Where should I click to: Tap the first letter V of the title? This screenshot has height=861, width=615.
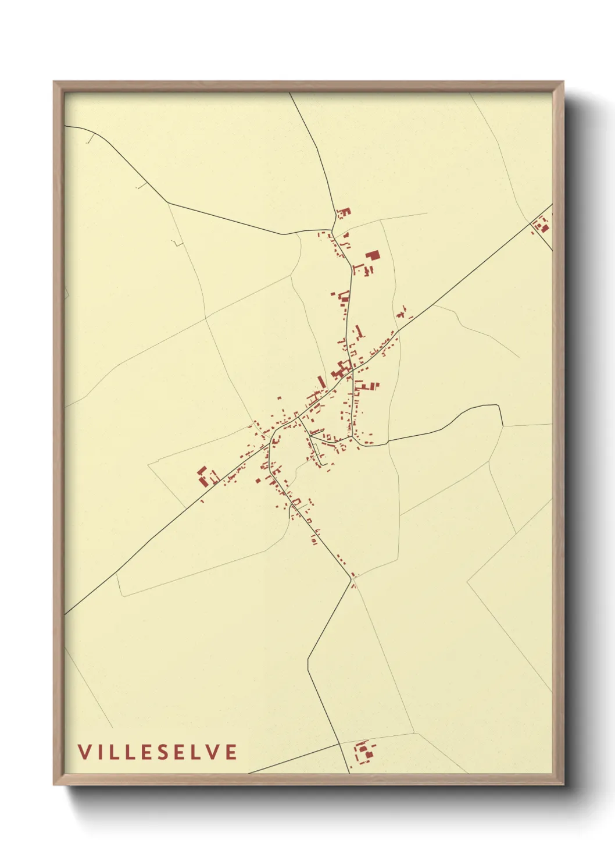pyautogui.click(x=85, y=752)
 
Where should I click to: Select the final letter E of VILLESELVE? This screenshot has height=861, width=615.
pyautogui.click(x=231, y=752)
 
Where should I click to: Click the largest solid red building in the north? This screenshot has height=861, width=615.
pyautogui.click(x=372, y=255)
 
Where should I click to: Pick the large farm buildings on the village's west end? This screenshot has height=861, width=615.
pyautogui.click(x=205, y=476)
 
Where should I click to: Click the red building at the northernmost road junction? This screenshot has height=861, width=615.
pyautogui.click(x=344, y=212)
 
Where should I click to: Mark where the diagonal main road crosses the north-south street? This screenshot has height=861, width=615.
pyautogui.click(x=353, y=368)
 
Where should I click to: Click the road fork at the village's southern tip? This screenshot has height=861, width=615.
pyautogui.click(x=352, y=579)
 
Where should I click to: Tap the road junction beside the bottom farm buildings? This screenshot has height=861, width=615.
pyautogui.click(x=340, y=743)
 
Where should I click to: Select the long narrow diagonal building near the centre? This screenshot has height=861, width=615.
pyautogui.click(x=321, y=382)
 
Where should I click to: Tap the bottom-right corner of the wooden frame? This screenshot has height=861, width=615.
pyautogui.click(x=563, y=784)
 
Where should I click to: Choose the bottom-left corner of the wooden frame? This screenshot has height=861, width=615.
pyautogui.click(x=54, y=784)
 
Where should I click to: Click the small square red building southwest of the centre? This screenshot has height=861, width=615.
pyautogui.click(x=256, y=481)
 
